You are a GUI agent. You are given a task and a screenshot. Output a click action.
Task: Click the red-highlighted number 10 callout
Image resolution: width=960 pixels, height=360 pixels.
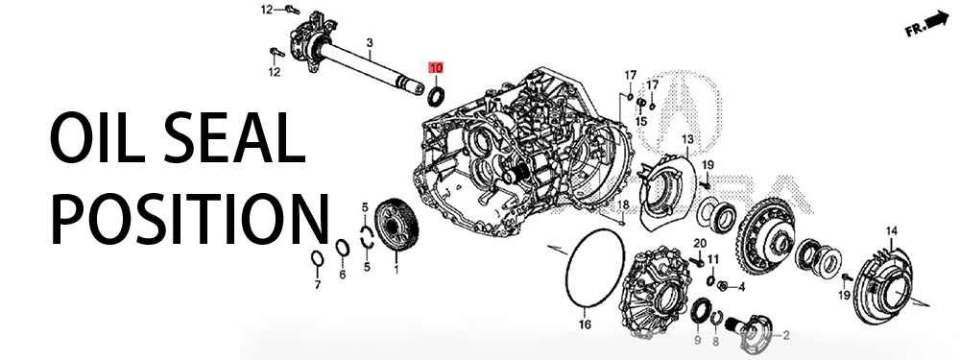click(x=435, y=68)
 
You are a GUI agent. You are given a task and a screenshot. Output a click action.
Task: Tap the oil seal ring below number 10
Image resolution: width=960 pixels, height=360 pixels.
click(x=435, y=97)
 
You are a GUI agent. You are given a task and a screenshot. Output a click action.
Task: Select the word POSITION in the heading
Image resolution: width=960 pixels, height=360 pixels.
click(x=190, y=218)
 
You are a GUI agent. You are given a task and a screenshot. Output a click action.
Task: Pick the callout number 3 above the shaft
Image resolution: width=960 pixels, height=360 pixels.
click(x=370, y=42)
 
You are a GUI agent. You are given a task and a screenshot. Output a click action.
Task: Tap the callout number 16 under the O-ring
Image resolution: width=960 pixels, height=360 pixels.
click(x=585, y=324)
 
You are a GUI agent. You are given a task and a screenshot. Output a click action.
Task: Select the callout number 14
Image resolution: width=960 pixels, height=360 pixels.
click(x=892, y=230)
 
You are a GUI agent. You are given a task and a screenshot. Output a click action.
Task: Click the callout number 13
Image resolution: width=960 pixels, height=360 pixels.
click(x=687, y=139)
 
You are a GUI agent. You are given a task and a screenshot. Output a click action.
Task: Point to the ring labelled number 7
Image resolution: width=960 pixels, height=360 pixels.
click(x=317, y=259)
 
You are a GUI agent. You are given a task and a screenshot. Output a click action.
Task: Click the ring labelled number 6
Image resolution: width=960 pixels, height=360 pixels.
click(x=343, y=248)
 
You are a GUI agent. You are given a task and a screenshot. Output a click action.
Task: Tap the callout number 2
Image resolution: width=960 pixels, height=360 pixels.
click(x=785, y=335)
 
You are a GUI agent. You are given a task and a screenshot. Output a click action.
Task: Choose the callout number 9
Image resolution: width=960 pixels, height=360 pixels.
click(x=697, y=340)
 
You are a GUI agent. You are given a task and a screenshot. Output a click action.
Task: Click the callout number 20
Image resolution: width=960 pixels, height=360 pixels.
click(x=700, y=244)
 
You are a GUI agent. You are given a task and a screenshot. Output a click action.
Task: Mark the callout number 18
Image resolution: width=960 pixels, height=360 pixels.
click(x=623, y=204)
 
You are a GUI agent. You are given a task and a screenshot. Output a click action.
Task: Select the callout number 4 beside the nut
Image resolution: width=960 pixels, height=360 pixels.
click(x=741, y=286)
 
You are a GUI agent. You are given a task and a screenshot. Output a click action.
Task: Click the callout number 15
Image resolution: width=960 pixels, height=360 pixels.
click(x=640, y=121)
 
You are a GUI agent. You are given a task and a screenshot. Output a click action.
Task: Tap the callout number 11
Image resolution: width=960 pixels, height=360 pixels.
click(x=712, y=259)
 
